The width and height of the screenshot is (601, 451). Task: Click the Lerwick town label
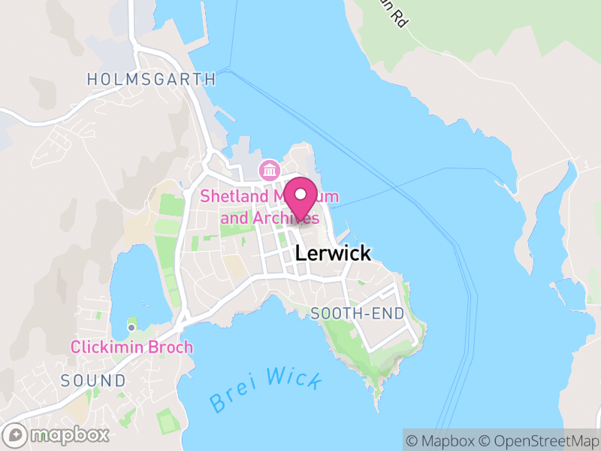333,253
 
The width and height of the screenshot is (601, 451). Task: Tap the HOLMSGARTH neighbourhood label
151,79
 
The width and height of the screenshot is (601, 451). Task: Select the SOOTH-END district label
357,313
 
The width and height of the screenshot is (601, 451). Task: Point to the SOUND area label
94,380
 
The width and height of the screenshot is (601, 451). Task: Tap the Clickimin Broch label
131,347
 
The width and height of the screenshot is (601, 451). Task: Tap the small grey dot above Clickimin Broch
131,327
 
